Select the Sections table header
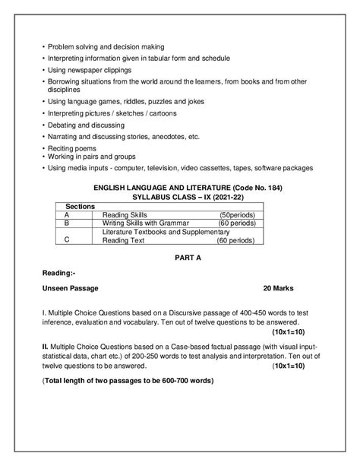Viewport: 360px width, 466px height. click(80, 207)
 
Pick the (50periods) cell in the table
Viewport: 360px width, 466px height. click(236, 215)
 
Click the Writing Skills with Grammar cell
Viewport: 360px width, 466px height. click(145, 223)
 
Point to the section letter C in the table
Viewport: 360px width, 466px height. click(68, 239)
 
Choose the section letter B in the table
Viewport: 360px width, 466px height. click(68, 223)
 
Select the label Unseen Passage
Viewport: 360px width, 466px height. click(71, 289)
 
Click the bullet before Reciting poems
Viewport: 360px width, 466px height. click(43, 148)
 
